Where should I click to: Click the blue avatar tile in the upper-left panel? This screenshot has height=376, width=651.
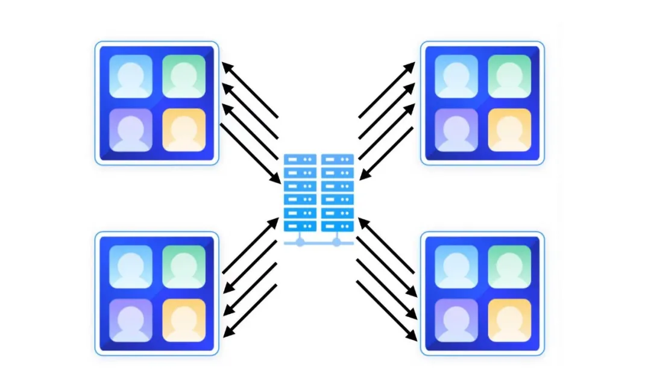click(x=131, y=77)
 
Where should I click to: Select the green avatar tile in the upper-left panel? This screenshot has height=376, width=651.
click(x=183, y=77)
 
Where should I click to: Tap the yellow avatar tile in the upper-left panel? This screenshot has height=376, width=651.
click(x=183, y=130)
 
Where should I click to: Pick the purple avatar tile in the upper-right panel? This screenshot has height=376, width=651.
click(x=456, y=130)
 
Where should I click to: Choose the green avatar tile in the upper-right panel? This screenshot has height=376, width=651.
click(x=509, y=77)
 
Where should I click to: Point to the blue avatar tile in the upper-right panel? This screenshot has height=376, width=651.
click(x=456, y=77)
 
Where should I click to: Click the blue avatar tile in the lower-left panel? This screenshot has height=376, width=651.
click(x=131, y=267)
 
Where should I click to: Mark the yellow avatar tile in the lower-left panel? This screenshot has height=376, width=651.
click(x=183, y=320)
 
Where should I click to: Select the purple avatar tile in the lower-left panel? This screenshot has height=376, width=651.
click(x=131, y=320)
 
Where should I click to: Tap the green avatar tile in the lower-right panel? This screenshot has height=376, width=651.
click(x=509, y=267)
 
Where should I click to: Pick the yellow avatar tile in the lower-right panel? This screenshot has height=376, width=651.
click(x=509, y=320)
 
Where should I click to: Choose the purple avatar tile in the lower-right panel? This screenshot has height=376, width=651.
click(x=456, y=320)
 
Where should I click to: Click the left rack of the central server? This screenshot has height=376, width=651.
click(x=300, y=193)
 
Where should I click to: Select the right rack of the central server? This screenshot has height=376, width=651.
click(x=337, y=193)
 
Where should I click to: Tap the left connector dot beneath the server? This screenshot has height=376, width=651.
click(x=300, y=242)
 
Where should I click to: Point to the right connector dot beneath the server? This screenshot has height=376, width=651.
click(x=336, y=242)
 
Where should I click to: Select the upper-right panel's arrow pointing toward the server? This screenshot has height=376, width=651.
click(x=386, y=154)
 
